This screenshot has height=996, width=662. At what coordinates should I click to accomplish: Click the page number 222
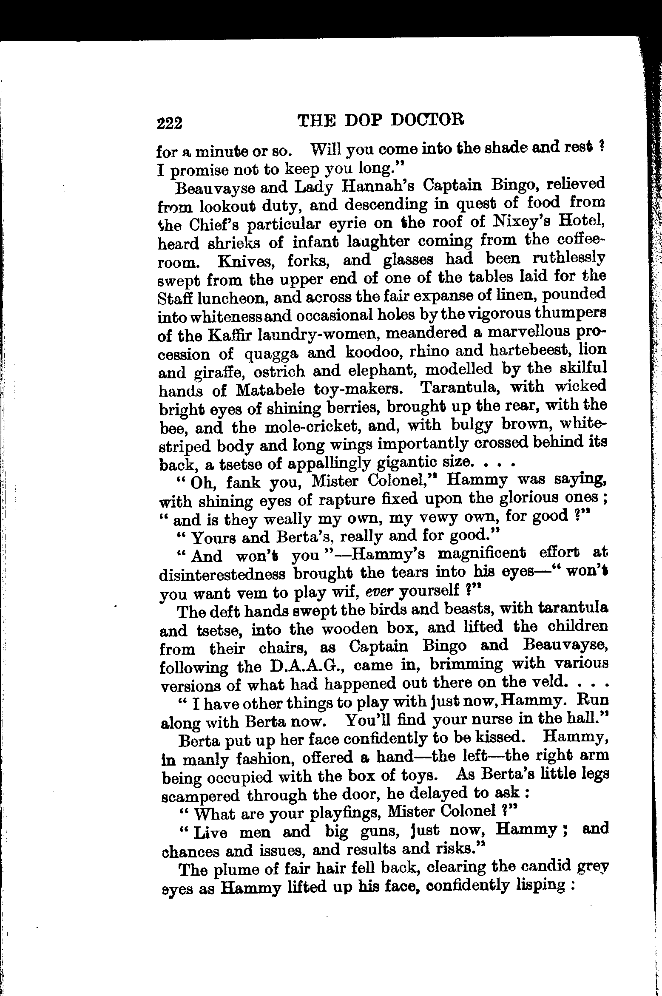pos(170,123)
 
